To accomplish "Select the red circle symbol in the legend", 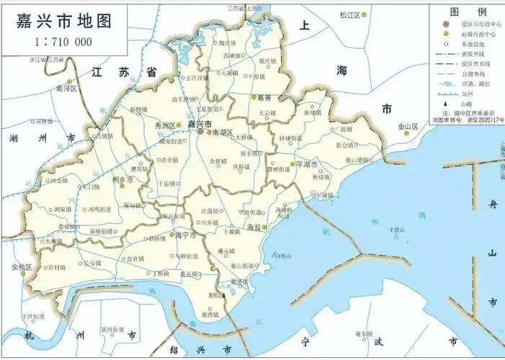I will click(x=447, y=24).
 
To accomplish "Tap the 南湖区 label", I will click(x=223, y=133).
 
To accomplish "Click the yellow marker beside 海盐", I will click(x=264, y=228).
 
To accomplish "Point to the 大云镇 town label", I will click(x=267, y=114).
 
